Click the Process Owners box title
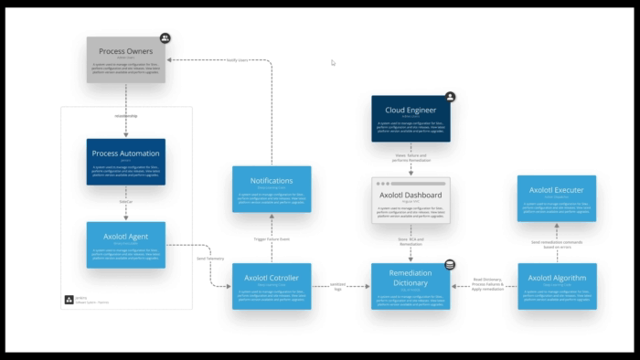point(126,51)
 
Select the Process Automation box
point(126,162)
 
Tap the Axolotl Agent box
point(126,244)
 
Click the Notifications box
point(272,189)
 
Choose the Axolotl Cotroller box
point(272,286)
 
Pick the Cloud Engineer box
point(411,118)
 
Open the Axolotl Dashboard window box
point(411,201)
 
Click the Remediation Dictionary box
point(411,286)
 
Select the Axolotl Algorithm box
point(557,286)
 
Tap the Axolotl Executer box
point(557,198)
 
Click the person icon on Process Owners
point(165,38)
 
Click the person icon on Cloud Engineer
point(450,96)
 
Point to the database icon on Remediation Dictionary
point(450,265)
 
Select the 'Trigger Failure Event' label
point(272,238)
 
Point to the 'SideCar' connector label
point(126,203)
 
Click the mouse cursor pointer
point(333,63)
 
